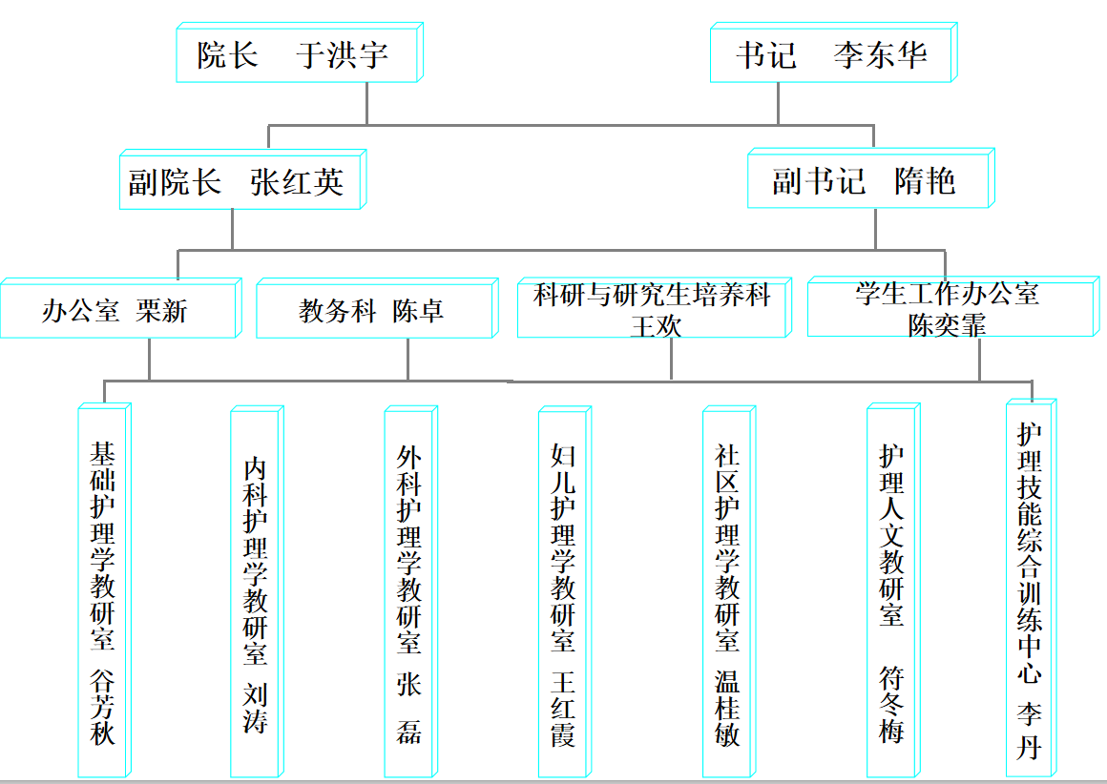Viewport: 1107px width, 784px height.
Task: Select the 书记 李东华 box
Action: (x=830, y=54)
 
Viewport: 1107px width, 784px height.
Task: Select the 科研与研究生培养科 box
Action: (x=652, y=296)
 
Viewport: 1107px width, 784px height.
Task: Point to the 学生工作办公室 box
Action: (x=947, y=294)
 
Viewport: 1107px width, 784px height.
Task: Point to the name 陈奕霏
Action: (x=947, y=324)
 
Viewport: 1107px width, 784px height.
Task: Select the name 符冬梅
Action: (x=891, y=706)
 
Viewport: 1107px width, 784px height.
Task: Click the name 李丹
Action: (x=1029, y=731)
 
